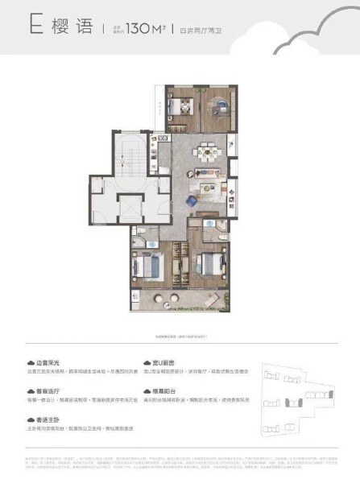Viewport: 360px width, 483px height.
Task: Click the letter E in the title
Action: tap(35, 30)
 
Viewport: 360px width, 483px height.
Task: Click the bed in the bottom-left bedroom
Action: tap(153, 266)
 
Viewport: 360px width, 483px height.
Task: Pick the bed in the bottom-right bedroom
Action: tap(208, 263)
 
